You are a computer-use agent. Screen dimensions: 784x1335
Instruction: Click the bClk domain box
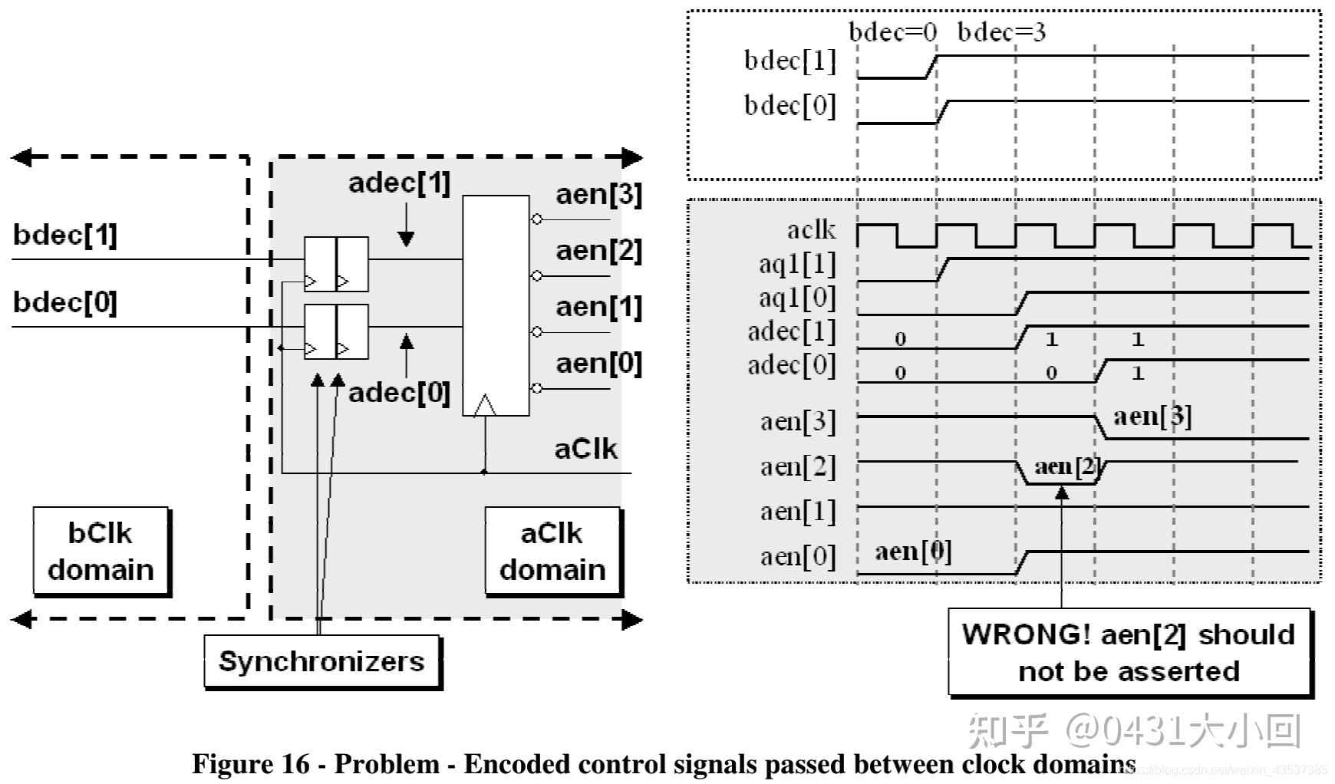coord(101,551)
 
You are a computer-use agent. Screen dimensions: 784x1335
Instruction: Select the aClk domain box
coord(552,551)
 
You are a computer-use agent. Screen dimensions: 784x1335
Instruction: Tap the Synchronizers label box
coord(321,660)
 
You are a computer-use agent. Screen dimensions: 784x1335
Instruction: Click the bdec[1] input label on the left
coord(65,235)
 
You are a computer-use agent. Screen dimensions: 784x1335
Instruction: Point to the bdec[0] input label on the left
coord(65,302)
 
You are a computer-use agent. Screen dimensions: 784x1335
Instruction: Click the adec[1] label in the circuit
coord(399,183)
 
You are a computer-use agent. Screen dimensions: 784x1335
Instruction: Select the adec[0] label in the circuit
coord(399,393)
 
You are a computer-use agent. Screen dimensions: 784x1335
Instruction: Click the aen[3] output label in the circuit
coord(598,195)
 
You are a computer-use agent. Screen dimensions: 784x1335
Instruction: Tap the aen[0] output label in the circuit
coord(598,363)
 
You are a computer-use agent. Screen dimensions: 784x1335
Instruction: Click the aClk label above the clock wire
coord(585,449)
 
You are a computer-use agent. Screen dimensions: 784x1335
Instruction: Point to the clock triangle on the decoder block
coord(485,406)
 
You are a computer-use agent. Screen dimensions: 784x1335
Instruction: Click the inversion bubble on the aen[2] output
coord(537,275)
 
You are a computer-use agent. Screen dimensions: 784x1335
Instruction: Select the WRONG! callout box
coord(1129,653)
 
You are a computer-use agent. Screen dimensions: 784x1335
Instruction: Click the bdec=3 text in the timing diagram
coord(1001,32)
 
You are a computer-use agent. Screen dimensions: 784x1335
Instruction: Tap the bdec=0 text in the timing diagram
coord(892,32)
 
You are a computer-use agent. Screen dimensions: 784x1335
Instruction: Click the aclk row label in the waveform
coord(811,229)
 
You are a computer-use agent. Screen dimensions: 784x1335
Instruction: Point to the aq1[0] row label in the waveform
coord(797,298)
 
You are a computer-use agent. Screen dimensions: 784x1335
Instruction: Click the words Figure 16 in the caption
coord(251,764)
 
